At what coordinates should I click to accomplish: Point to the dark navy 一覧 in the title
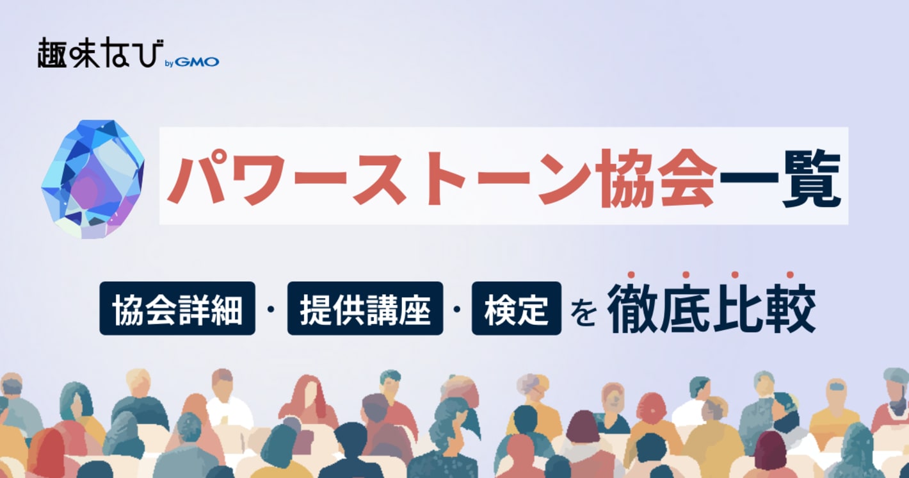pos(777,176)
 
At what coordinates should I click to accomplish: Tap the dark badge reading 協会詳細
pos(177,309)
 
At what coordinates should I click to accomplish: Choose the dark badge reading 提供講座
pos(365,309)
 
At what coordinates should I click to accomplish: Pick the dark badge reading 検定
pos(516,309)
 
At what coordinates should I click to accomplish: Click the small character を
pos(584,314)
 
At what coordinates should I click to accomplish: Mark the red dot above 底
pos(685,275)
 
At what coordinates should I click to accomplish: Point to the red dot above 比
pos(737,275)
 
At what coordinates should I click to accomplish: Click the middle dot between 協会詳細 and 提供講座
pos(271,309)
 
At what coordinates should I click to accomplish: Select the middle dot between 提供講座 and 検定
pos(457,309)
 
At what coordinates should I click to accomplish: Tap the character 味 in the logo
pos(83,53)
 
